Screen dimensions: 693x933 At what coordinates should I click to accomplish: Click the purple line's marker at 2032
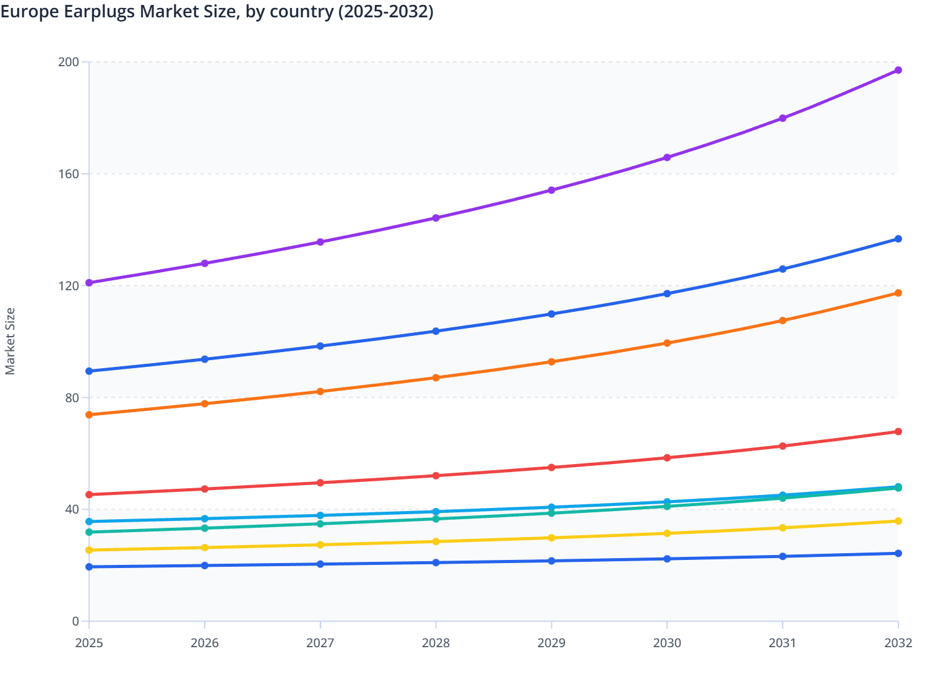coord(898,70)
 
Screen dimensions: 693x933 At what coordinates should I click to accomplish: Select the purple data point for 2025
coord(89,283)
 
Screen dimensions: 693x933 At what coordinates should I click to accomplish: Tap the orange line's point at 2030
coord(667,343)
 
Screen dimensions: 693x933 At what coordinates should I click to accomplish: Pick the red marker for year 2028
coord(436,476)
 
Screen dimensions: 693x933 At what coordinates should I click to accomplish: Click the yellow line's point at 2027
coord(320,544)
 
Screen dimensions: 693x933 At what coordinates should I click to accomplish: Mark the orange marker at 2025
coord(89,415)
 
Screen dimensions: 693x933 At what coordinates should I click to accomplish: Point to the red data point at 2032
coord(898,431)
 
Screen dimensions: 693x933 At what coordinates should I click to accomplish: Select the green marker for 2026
coord(205,528)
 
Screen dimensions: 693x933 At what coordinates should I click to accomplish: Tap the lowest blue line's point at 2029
coord(551,561)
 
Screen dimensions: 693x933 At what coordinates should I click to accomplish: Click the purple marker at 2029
coord(551,190)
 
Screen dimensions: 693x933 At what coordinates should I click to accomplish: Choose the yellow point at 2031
coord(783,528)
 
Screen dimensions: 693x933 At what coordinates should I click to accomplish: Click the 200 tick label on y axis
coord(69,62)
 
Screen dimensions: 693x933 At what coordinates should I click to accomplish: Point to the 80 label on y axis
coord(72,397)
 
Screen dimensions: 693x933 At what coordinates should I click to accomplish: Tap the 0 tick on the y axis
coord(75,621)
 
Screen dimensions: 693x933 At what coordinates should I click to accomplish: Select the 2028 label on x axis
coord(436,643)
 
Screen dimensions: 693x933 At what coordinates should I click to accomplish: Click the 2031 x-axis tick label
coord(783,643)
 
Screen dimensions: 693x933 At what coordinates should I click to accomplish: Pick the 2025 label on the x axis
coord(89,643)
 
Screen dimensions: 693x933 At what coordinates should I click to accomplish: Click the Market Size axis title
coord(10,342)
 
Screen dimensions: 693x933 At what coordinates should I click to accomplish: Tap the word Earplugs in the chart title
coord(99,12)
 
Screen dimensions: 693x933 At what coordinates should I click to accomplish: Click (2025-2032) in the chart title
coord(385,12)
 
